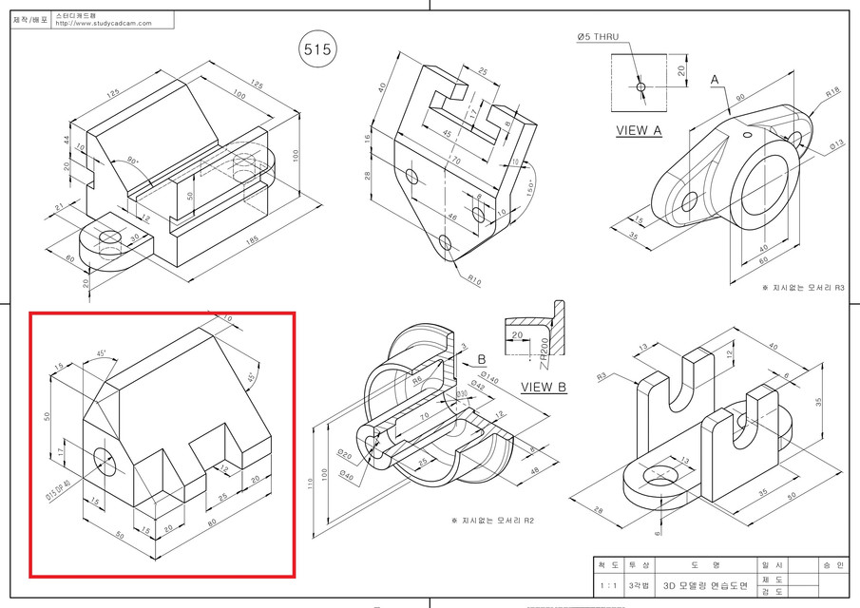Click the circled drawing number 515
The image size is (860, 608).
(316, 50)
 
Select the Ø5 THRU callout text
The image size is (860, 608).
(597, 37)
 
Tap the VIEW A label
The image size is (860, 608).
(639, 131)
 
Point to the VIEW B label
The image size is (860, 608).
(544, 387)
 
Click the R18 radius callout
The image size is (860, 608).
(832, 93)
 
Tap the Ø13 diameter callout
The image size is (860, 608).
(836, 144)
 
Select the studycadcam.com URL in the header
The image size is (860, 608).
(104, 24)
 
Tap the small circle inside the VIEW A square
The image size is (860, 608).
(640, 86)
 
